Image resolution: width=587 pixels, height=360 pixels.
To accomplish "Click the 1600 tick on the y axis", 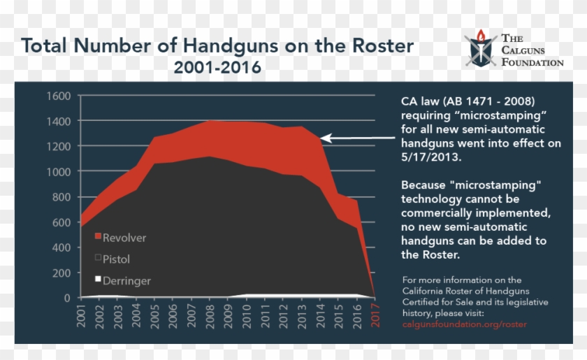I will (x=59, y=96).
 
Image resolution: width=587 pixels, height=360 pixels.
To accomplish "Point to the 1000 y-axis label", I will (x=59, y=171).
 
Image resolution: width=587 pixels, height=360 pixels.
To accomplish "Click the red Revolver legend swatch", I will (x=98, y=238).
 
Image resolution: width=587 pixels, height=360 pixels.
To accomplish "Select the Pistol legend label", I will (x=116, y=259).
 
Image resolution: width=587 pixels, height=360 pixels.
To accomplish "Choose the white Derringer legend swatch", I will (x=98, y=280).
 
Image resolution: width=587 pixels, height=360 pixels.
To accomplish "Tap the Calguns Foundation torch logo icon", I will (x=481, y=49).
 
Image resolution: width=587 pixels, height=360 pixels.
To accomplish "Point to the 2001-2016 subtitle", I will (x=217, y=68).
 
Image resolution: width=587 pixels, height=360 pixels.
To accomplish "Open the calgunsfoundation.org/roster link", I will (x=464, y=324).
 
